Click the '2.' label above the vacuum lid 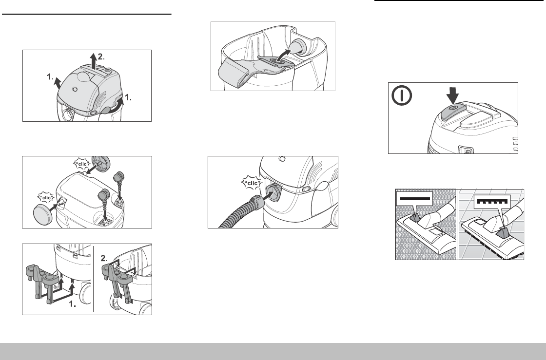[101, 57]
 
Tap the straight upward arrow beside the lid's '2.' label [93, 61]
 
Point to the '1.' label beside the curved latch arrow [128, 98]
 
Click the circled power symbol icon [402, 95]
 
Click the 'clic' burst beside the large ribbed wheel [82, 164]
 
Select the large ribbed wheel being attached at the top [100, 163]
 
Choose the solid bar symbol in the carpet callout [414, 199]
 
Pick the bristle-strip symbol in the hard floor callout [492, 202]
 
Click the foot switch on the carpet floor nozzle [414, 218]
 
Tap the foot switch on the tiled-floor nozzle [504, 232]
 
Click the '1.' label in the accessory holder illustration [73, 304]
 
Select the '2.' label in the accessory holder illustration [104, 258]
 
